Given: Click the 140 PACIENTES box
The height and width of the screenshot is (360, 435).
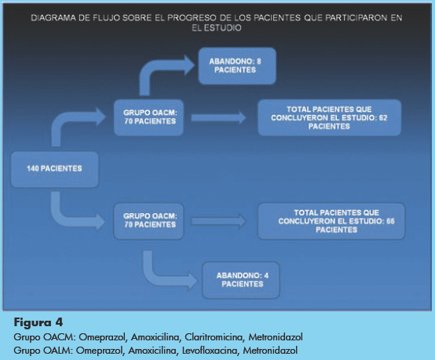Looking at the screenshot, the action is click(x=55, y=169).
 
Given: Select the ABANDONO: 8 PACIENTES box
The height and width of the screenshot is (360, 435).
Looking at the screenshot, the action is click(x=237, y=66).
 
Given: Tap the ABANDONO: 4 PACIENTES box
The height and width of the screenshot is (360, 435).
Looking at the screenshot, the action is click(x=241, y=280).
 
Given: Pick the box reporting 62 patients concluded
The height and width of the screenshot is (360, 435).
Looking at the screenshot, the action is click(x=329, y=118).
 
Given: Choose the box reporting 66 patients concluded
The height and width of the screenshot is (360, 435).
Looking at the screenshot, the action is click(x=331, y=222).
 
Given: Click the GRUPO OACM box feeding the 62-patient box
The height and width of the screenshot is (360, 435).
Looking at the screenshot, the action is click(x=149, y=117).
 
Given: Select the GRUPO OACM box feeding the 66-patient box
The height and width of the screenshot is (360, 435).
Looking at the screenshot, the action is click(x=149, y=222).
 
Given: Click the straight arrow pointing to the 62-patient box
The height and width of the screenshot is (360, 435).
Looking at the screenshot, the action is click(x=218, y=118).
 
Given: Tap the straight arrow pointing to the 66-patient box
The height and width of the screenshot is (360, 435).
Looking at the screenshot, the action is click(x=218, y=222).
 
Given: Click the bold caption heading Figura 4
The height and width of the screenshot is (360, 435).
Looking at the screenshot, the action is click(x=38, y=322).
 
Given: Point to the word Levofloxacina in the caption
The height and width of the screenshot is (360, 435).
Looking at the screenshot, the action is click(x=210, y=351).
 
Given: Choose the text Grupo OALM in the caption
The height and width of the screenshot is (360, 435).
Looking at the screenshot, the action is click(x=43, y=351).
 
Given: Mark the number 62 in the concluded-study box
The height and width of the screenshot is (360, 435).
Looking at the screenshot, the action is click(x=383, y=118).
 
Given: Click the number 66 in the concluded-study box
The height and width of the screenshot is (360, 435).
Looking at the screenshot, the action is click(x=390, y=222).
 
